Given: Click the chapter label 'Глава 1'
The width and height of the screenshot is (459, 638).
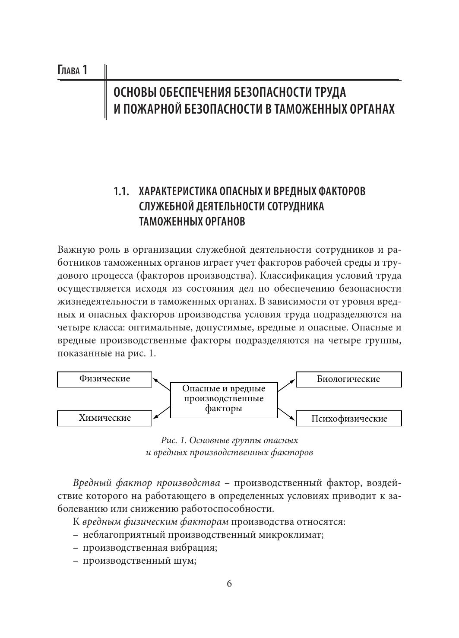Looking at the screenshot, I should click(73, 70).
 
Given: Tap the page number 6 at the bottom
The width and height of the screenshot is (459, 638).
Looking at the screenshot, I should click(229, 584).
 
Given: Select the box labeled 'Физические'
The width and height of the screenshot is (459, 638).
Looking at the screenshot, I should click(104, 379).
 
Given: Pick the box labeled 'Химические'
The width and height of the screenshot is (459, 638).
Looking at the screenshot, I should click(104, 418).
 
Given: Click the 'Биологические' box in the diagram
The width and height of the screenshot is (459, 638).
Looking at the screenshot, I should click(348, 379).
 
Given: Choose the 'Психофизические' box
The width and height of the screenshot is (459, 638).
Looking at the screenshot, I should click(348, 419).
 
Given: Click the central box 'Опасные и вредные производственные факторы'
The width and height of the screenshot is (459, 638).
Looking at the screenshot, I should click(224, 399).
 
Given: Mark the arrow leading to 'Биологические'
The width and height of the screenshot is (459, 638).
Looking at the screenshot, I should click(286, 384).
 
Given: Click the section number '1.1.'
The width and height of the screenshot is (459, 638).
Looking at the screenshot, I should click(121, 191).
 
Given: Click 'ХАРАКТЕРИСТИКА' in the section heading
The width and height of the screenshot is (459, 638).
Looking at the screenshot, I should click(178, 191).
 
